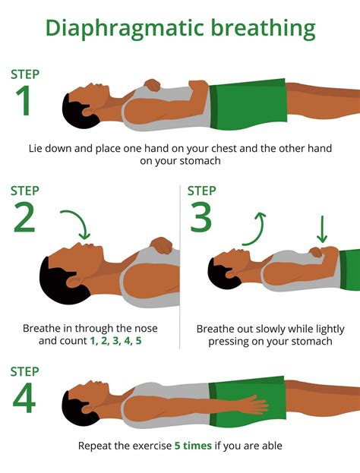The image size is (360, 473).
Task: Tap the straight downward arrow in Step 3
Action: click(321, 228)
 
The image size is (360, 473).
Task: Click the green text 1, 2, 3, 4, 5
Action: click(115, 342)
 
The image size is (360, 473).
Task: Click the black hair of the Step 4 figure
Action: click(75, 402)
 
